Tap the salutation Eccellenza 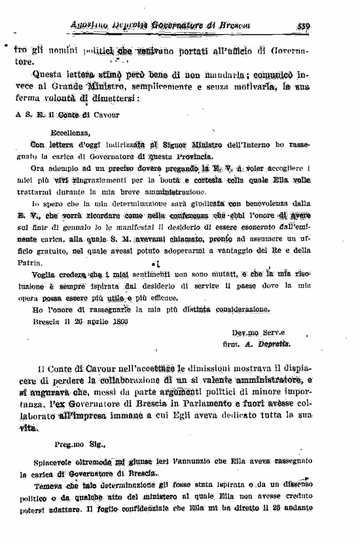click(58, 132)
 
